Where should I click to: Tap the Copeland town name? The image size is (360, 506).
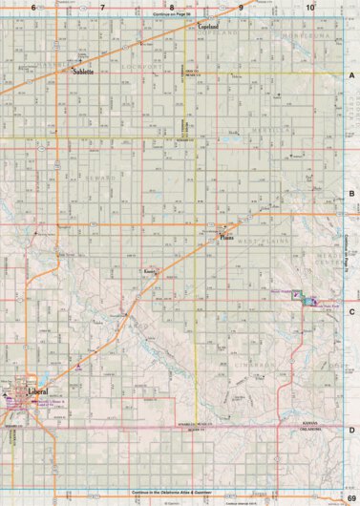(208, 29)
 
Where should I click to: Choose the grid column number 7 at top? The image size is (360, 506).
(102, 7)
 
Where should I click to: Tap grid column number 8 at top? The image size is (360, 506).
(172, 7)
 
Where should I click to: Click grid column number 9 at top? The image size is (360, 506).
(242, 7)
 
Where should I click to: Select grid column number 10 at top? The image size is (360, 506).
(310, 7)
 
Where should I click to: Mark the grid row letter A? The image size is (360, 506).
(352, 74)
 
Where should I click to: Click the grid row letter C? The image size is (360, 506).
(352, 311)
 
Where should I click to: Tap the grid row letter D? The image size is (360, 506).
(352, 430)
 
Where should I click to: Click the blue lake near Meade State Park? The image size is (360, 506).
(307, 300)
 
